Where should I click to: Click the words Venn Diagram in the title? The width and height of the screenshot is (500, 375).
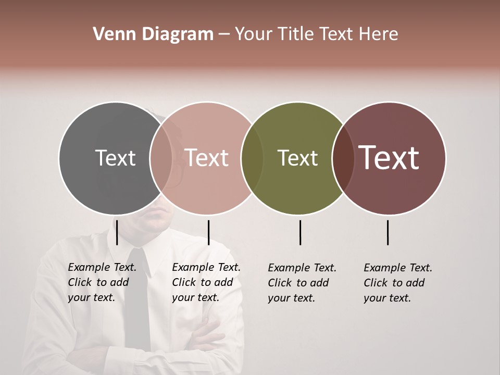point(153,34)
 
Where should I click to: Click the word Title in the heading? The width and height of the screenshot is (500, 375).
point(295,34)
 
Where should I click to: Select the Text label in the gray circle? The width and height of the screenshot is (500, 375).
point(115,158)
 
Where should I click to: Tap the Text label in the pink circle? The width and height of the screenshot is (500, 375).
point(207,158)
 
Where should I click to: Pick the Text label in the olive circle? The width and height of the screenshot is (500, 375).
point(297,158)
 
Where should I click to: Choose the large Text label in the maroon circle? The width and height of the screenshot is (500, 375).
point(389,158)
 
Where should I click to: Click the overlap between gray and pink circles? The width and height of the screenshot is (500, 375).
point(161,158)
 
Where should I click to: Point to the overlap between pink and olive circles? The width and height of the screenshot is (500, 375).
point(252,158)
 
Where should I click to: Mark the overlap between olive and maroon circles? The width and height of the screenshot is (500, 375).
point(343,158)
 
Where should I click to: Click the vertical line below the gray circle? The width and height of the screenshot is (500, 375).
point(117,232)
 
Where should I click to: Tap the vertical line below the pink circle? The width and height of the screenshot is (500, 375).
point(208,232)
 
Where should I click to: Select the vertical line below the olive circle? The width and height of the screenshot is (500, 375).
point(300,232)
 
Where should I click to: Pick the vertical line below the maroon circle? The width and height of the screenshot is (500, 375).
point(387,232)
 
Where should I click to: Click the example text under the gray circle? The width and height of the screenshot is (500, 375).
point(102,282)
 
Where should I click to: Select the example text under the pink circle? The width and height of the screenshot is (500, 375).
point(206,282)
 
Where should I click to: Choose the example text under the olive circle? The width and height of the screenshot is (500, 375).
point(302,283)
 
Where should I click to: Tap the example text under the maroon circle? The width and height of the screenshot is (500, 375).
point(398,283)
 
